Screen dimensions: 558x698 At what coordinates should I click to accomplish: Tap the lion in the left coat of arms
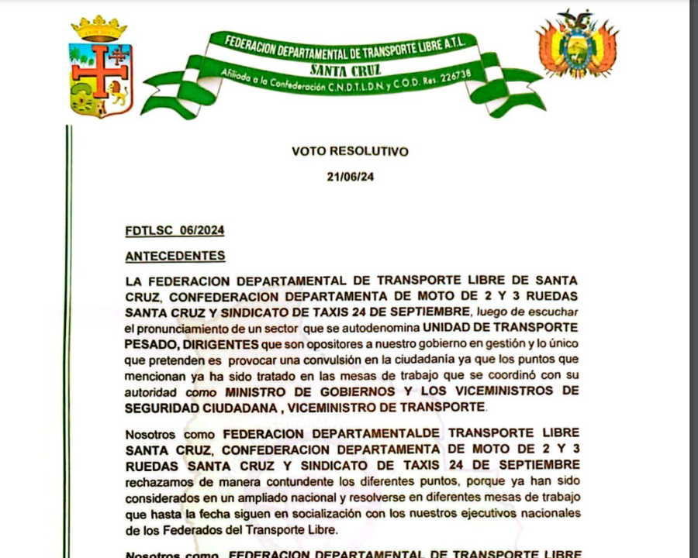coord(116,94)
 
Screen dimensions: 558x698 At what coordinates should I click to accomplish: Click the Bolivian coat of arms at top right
coord(577,44)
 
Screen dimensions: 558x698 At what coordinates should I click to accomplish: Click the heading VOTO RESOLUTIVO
coord(350,151)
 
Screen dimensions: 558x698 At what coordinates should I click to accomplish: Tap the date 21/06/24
coord(351,177)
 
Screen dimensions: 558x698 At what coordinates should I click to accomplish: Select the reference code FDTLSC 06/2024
coord(174,230)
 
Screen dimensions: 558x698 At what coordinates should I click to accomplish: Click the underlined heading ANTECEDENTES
coord(175,256)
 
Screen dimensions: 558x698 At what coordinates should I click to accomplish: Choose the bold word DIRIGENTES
coord(223,342)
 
